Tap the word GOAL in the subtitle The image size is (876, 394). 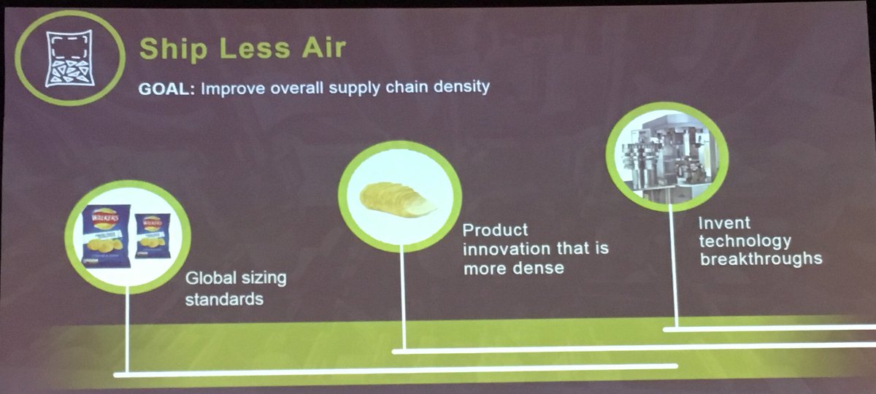165,88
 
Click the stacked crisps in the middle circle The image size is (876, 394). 399,199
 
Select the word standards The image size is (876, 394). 224,299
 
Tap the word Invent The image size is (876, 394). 724,223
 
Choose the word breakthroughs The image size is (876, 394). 761,258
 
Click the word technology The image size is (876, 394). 745,241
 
